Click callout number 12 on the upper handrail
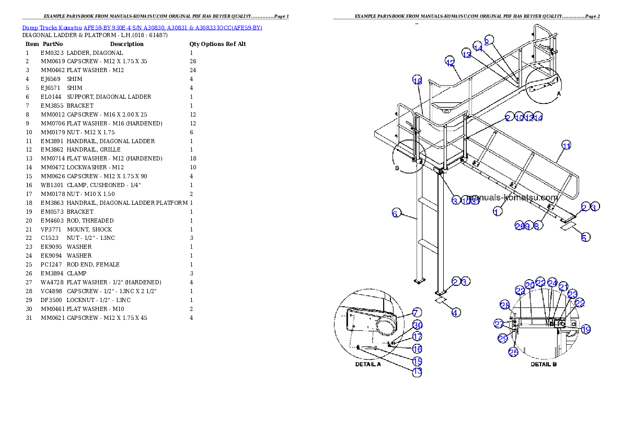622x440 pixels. pyautogui.click(x=451, y=62)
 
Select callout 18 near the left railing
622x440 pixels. pyautogui.click(x=417, y=81)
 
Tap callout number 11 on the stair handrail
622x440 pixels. pyautogui.click(x=567, y=145)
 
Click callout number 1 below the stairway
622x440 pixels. pyautogui.click(x=498, y=211)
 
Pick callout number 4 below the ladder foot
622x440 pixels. pyautogui.click(x=456, y=312)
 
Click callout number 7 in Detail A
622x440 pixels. pyautogui.click(x=417, y=313)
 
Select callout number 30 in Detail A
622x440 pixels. pyautogui.click(x=418, y=325)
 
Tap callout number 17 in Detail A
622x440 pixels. pyautogui.click(x=418, y=337)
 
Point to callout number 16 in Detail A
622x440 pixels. pyautogui.click(x=417, y=349)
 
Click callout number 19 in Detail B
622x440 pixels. pyautogui.click(x=586, y=330)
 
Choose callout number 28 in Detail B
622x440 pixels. pyautogui.click(x=504, y=306)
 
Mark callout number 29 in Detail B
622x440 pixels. pyautogui.click(x=503, y=339)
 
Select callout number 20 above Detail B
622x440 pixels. pyautogui.click(x=529, y=285)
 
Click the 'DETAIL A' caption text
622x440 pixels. pyautogui.click(x=368, y=364)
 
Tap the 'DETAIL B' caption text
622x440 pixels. pyautogui.click(x=544, y=364)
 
